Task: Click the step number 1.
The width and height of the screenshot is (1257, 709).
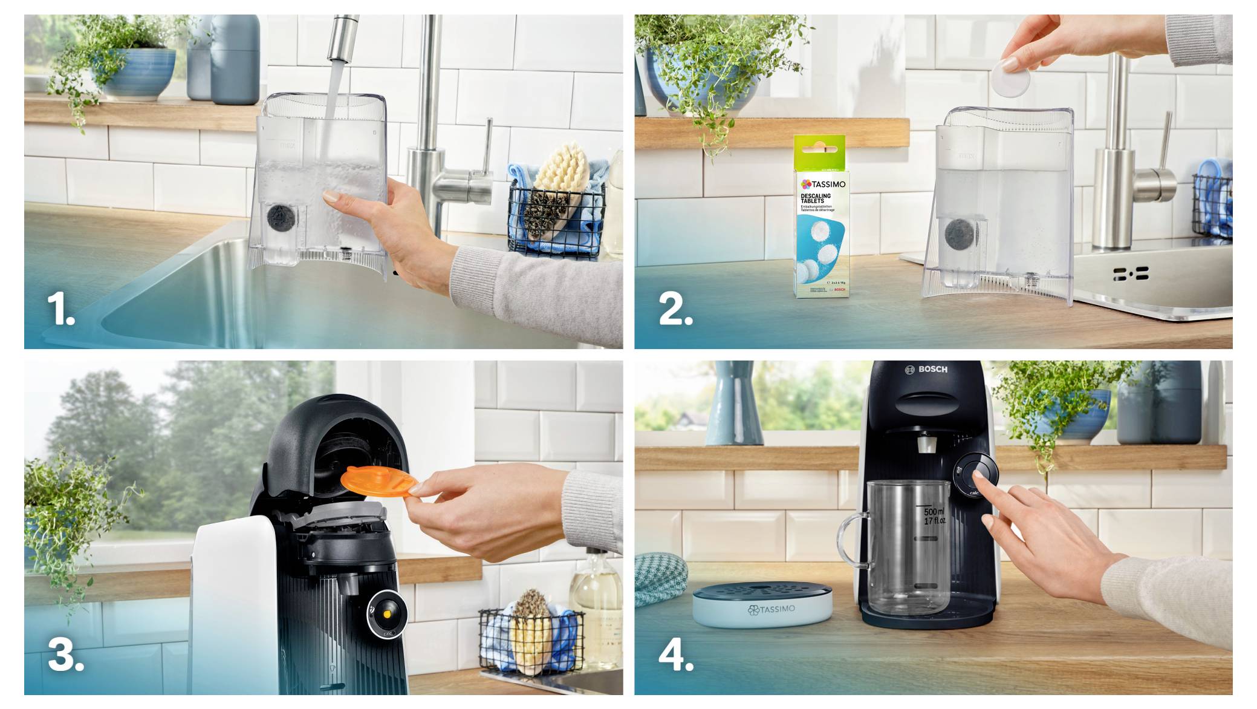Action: point(60,309)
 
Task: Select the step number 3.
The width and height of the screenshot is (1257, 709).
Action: point(65,655)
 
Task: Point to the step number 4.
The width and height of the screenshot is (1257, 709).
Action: point(675,655)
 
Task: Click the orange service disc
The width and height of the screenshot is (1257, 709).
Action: point(379,482)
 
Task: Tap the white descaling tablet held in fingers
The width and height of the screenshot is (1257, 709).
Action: point(1009,77)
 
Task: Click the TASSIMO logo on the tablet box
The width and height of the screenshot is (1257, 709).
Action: point(823,184)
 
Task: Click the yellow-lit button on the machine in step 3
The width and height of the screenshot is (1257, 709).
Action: point(387,614)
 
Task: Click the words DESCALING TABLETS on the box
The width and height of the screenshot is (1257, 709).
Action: point(816,198)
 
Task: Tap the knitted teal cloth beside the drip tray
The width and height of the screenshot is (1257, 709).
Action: point(660,578)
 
